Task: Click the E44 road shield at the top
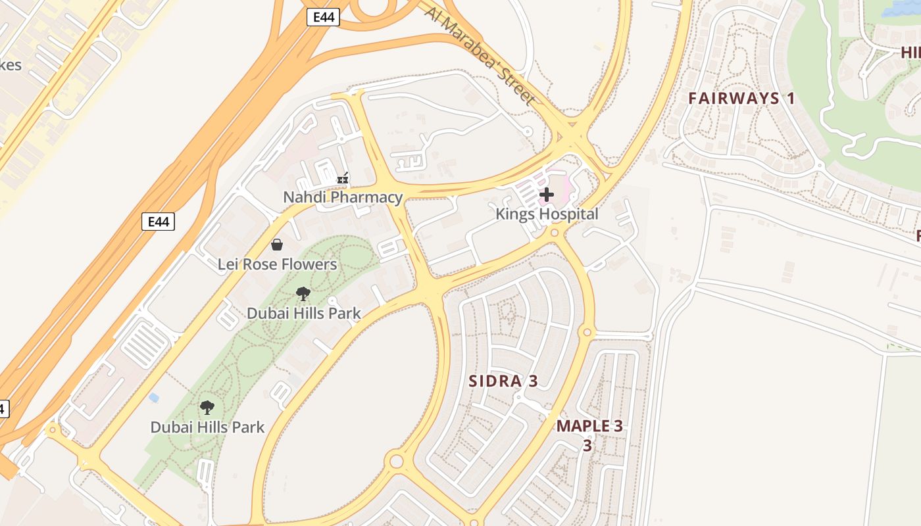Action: coord(323,17)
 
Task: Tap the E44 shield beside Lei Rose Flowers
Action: coord(158,222)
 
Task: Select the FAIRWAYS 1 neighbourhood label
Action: coord(741,99)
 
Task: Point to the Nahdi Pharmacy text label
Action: coord(343,197)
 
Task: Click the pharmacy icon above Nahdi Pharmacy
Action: coord(342,178)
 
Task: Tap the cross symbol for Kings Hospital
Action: coord(547,195)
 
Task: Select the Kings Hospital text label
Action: coord(547,214)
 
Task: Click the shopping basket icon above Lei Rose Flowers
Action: coord(277,245)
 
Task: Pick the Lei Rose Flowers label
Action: coord(277,264)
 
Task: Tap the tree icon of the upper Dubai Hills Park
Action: coord(303,294)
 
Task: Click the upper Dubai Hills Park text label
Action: coord(303,313)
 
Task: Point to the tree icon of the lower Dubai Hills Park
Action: coord(207,408)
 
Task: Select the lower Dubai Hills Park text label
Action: coord(207,427)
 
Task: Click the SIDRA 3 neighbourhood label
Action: coord(503,381)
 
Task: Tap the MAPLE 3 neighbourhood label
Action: coord(589,426)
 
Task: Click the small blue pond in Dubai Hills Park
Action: coord(154,398)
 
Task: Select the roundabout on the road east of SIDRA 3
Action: coord(587,333)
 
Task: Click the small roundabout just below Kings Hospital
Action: coord(555,233)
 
